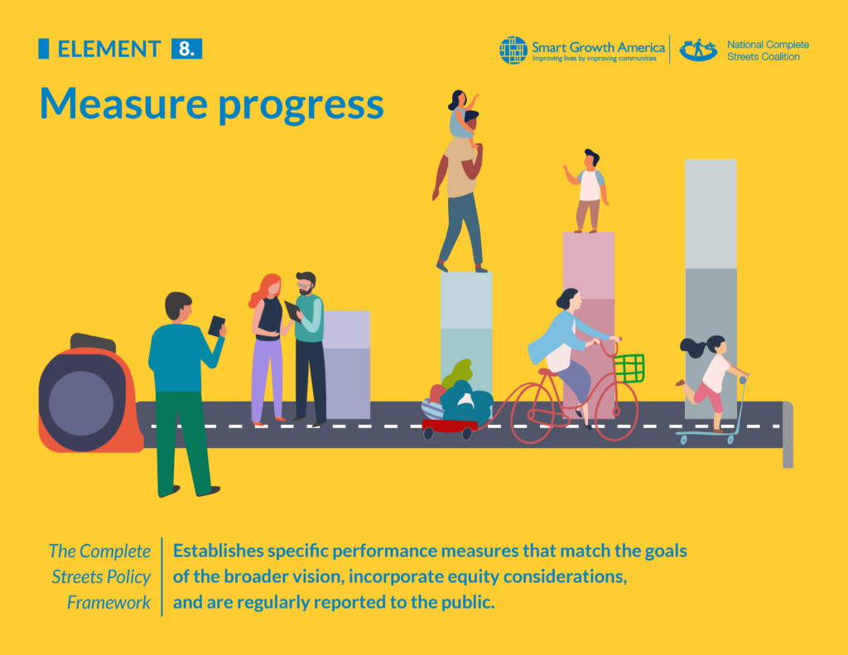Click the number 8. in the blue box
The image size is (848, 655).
(x=186, y=49)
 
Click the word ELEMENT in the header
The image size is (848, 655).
(x=108, y=49)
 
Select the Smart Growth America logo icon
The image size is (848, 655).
(x=513, y=50)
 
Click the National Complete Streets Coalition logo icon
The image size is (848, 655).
(x=698, y=50)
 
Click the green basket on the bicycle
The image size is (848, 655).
(x=629, y=368)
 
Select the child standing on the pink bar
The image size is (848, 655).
(x=590, y=191)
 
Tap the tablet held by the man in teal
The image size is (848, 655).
(x=216, y=325)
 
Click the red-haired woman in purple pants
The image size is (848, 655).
(x=267, y=348)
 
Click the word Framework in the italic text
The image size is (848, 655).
(x=108, y=602)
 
